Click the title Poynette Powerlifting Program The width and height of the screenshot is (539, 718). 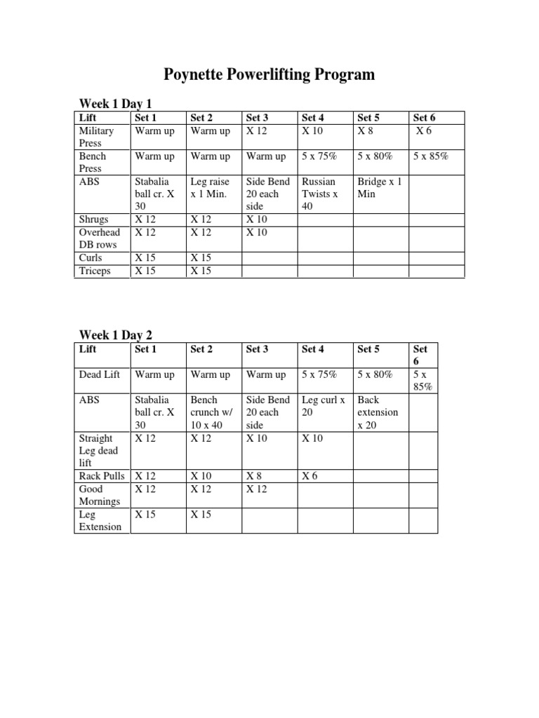269,75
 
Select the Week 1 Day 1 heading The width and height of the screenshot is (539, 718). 115,104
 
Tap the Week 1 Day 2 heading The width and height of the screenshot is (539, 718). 115,334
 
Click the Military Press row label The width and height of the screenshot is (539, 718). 96,137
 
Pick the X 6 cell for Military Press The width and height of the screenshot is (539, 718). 423,131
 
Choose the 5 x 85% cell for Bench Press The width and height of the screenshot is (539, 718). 431,156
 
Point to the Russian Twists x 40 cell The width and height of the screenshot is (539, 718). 320,194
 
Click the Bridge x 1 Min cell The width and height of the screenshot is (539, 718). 379,187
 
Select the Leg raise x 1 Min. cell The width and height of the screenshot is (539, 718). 208,187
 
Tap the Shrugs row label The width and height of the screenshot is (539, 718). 94,219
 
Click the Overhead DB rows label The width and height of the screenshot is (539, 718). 99,238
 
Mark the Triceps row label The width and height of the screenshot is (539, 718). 95,271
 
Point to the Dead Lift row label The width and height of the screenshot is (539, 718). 98,374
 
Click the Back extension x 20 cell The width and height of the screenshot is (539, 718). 378,412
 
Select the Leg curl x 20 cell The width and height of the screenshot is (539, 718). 323,406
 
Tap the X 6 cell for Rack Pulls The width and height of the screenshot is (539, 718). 310,475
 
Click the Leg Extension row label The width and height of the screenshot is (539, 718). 100,520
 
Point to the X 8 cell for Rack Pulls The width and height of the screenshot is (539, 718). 254,475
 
